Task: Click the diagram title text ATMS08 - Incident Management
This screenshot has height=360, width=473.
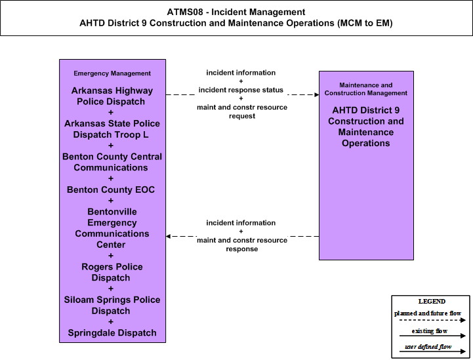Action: coord(236,12)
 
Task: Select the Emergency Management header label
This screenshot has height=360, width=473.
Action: coord(112,73)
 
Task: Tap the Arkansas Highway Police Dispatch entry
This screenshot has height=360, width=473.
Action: coord(112,96)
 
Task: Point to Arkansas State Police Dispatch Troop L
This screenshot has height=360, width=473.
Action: coord(112,129)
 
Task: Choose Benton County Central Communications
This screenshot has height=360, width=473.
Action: coord(112,162)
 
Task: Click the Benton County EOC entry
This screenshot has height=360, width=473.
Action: coord(111,190)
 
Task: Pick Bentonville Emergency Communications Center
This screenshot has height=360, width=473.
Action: coord(112,228)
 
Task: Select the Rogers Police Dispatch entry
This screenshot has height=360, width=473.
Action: coord(112,272)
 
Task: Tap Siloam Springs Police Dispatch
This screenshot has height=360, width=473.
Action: coord(112,305)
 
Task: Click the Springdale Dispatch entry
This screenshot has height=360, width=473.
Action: coord(112,333)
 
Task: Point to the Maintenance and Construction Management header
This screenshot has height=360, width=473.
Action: coord(366,89)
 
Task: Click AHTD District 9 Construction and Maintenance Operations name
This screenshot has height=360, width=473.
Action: coord(366,127)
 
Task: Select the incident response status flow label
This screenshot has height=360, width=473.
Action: coord(241,90)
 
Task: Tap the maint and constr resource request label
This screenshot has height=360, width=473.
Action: coord(242,111)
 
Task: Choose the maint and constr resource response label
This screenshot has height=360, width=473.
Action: coord(242,245)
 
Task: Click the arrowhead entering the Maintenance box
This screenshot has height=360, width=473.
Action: coord(317,94)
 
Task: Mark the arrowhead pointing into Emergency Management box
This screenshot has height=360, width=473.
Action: coord(169,236)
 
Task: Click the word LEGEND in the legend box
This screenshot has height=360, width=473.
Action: coord(432,302)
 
